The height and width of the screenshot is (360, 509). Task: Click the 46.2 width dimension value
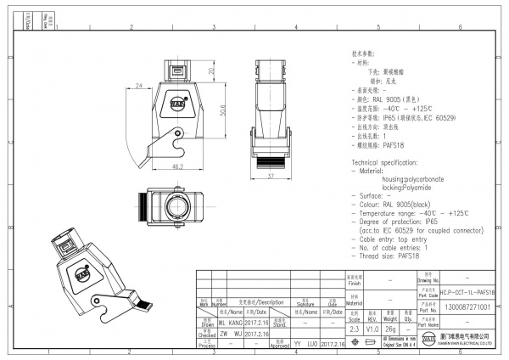178,168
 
